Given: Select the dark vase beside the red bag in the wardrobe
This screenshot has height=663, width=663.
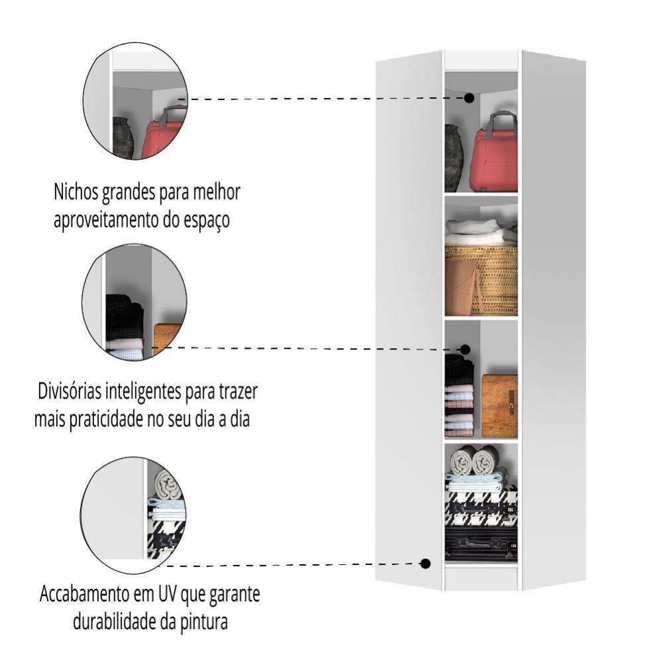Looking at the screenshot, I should [x=454, y=158].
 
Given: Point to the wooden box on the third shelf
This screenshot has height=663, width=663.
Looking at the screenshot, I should [x=499, y=406].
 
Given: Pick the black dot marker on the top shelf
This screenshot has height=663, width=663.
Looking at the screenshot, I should [x=469, y=97].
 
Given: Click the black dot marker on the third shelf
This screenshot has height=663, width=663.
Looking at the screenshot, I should [x=465, y=349].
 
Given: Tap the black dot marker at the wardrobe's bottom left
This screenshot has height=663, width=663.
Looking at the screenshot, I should [x=426, y=564].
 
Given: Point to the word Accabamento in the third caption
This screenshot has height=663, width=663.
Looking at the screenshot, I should [x=91, y=594].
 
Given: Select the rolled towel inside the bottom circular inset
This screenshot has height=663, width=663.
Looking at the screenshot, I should [x=167, y=486].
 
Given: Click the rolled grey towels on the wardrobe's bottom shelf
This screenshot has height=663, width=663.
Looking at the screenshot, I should [x=476, y=459].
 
